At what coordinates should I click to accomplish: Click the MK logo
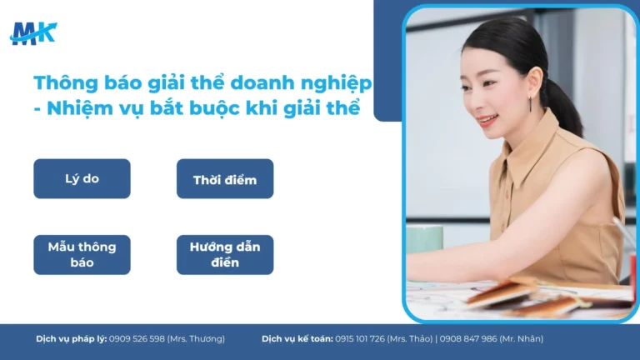pyautogui.click(x=33, y=33)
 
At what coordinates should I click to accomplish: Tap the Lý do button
pyautogui.click(x=82, y=178)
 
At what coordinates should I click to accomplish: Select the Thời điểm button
pyautogui.click(x=225, y=179)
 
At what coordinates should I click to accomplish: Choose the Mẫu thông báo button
pyautogui.click(x=82, y=254)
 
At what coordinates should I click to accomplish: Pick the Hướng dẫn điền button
pyautogui.click(x=225, y=254)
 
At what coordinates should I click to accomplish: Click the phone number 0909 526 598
pyautogui.click(x=137, y=339)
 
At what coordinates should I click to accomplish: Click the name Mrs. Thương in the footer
pyautogui.click(x=197, y=339)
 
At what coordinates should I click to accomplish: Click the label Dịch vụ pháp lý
pyautogui.click(x=72, y=339)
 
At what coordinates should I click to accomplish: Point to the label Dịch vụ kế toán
pyautogui.click(x=297, y=339)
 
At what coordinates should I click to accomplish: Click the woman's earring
pyautogui.click(x=530, y=103)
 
